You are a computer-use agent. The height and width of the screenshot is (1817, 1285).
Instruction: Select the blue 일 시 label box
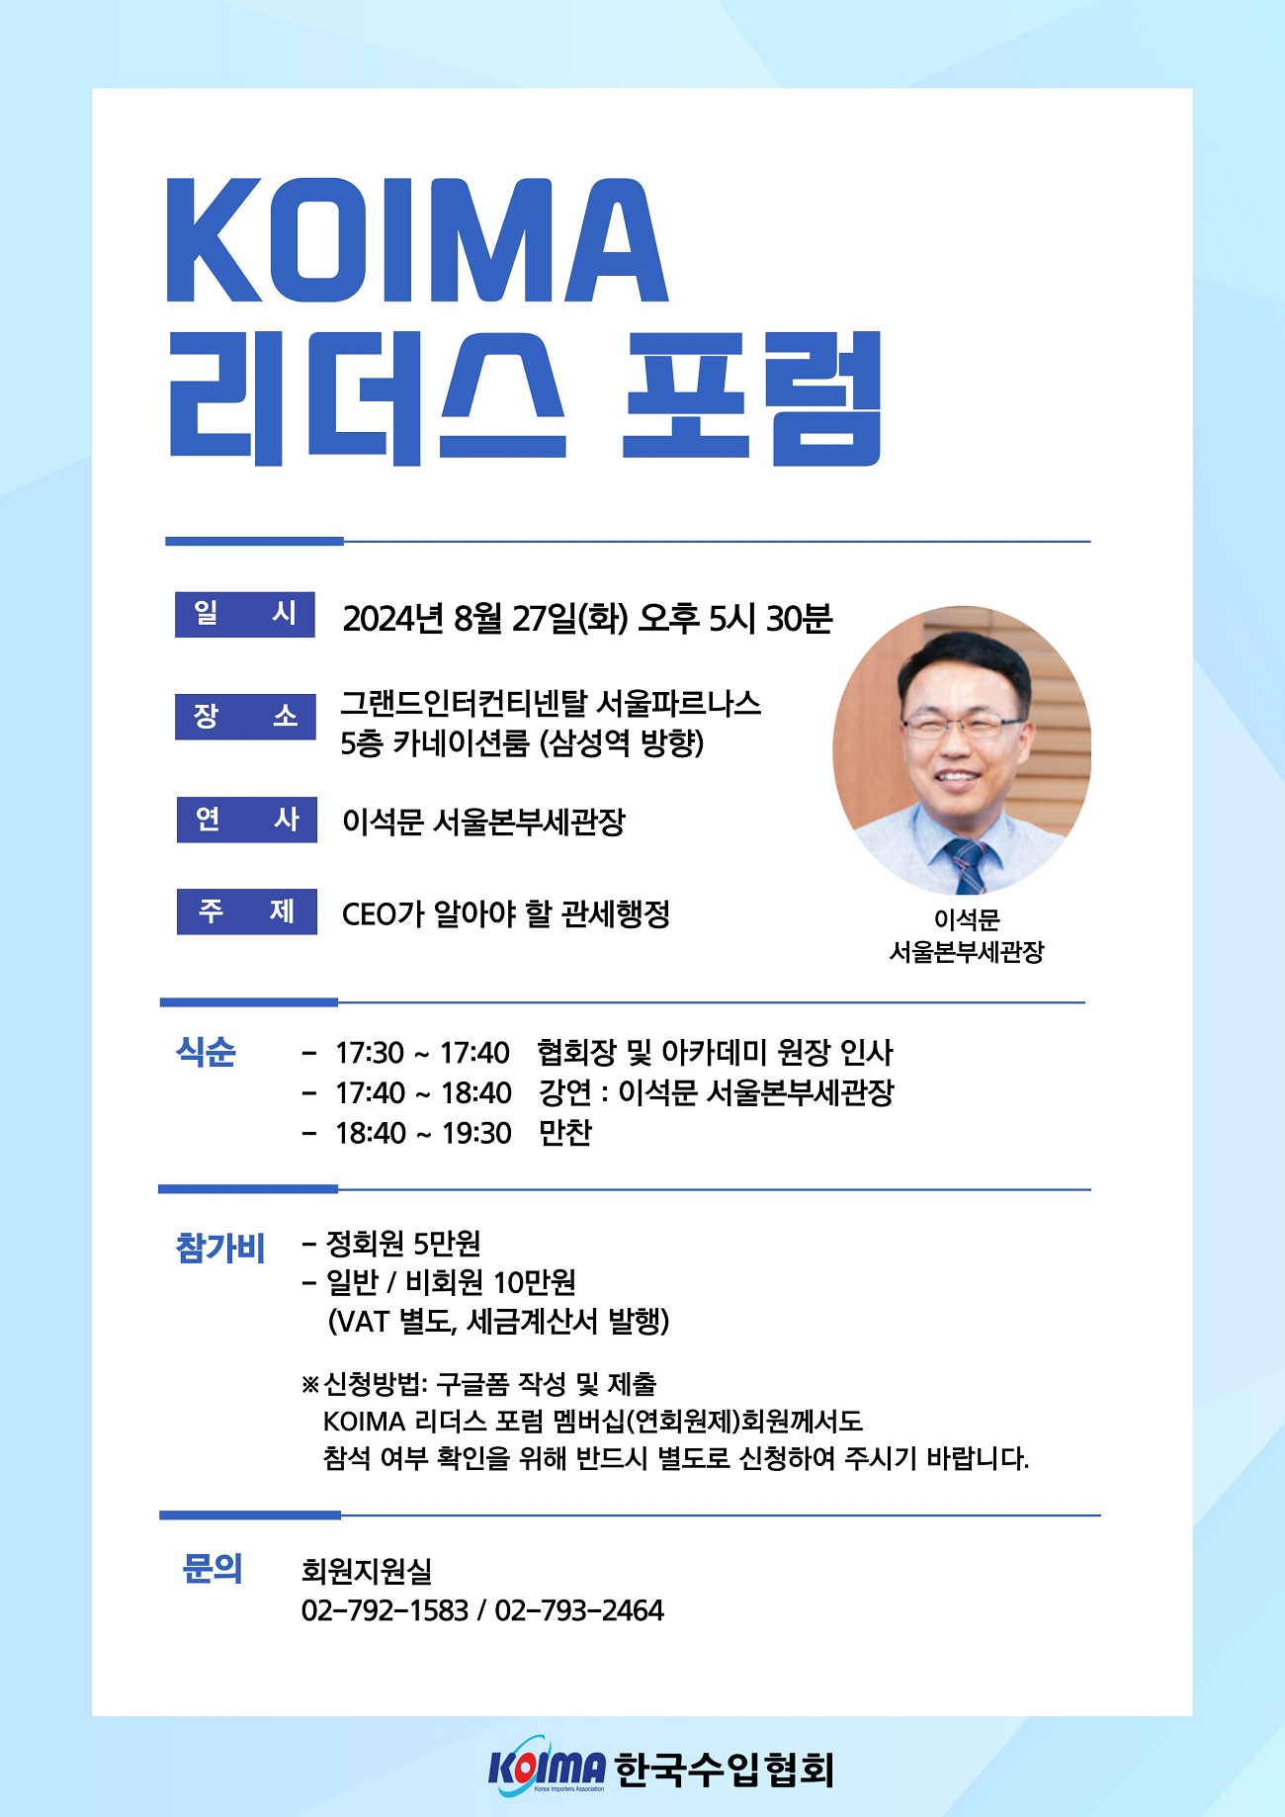pos(245,614)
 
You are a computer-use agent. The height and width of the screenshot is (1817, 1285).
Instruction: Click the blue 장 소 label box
pos(245,716)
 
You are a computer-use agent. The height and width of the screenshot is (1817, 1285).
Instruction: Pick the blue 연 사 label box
pos(246,820)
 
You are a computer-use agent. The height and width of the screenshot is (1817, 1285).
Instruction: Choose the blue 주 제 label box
pos(246,910)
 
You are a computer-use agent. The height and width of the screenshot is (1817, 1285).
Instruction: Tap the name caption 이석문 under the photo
pos(967,919)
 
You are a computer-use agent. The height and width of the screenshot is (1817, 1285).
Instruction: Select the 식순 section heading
pos(207,1052)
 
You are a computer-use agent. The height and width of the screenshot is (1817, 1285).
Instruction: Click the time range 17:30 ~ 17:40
pos(423,1053)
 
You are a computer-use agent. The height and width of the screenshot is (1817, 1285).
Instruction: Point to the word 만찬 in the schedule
pos(565,1132)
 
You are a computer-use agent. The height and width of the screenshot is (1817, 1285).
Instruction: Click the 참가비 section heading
pos(219,1248)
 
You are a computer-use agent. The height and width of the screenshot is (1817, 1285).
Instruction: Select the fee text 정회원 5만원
pos(403,1243)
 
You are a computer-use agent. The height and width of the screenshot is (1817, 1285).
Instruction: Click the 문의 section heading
pos(212,1568)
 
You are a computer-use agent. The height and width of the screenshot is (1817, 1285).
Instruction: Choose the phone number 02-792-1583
pos(385,1610)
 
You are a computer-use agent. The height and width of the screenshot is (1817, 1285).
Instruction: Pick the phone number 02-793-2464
pos(579,1610)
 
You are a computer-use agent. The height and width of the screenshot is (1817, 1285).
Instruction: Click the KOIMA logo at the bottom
pos(547,1768)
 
